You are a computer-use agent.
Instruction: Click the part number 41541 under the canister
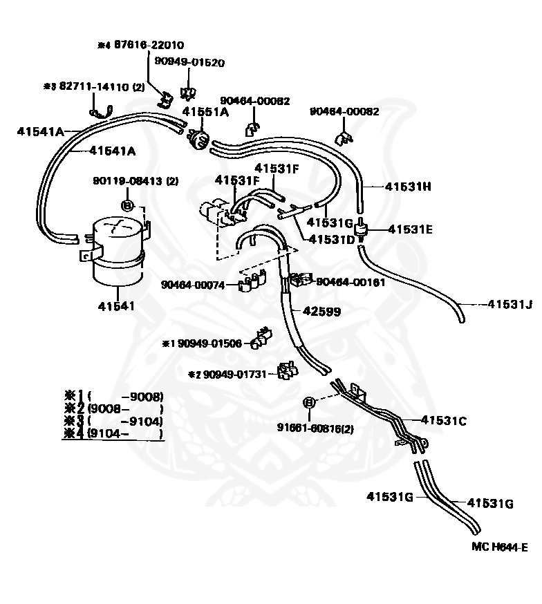[x=118, y=305]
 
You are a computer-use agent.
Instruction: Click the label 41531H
[x=408, y=187]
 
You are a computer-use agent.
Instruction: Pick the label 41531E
[x=410, y=229]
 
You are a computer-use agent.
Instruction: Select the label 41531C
[x=444, y=419]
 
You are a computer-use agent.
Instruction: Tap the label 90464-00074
[x=193, y=284]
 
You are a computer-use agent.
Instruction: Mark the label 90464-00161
[x=351, y=281]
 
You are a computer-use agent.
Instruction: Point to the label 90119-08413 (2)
[x=135, y=181]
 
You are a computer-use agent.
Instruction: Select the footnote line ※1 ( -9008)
[x=113, y=397]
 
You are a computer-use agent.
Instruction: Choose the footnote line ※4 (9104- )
[x=113, y=433]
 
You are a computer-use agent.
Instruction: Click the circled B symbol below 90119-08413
[x=127, y=205]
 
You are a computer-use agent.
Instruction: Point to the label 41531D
[x=331, y=239]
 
